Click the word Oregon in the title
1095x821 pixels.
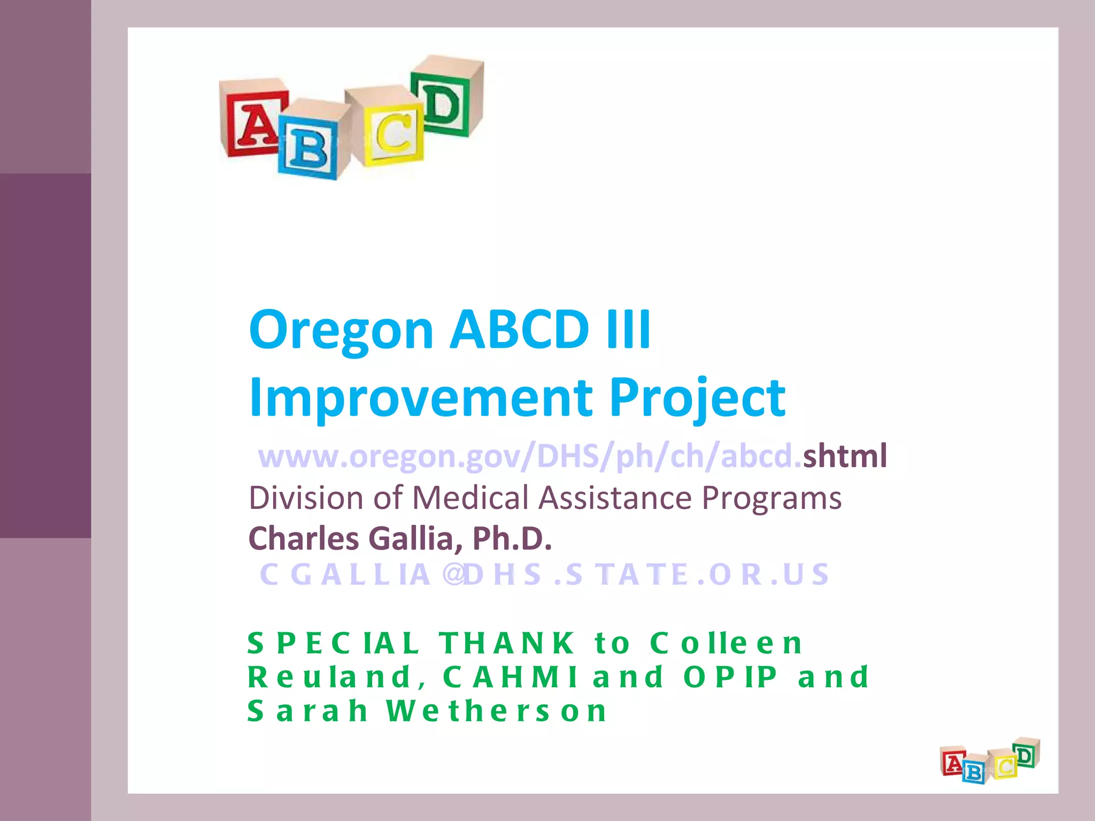(341, 330)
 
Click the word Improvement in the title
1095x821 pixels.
(420, 398)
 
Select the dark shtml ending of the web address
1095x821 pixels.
(844, 456)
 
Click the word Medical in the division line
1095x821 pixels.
(470, 498)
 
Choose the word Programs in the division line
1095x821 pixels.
(771, 498)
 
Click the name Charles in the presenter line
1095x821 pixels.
(303, 538)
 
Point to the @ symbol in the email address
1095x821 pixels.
(453, 575)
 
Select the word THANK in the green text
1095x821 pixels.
(507, 643)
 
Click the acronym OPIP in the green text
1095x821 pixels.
(730, 677)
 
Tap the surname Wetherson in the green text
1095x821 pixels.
(497, 711)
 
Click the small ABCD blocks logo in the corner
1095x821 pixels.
(990, 762)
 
